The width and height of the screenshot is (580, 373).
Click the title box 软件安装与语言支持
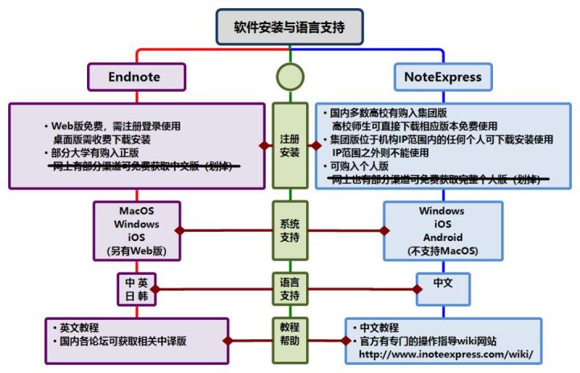[x=289, y=27]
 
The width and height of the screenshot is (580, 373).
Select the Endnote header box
[x=135, y=77]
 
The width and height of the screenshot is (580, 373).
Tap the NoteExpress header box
[x=444, y=77]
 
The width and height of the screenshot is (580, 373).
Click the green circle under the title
[x=290, y=77]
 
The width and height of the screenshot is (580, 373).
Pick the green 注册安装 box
[x=289, y=145]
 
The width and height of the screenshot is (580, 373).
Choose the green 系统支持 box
[x=289, y=230]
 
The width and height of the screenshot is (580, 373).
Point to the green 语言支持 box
[x=289, y=288]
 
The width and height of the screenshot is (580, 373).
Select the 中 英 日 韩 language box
[x=136, y=288]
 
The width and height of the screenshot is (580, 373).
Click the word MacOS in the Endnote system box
[x=136, y=210]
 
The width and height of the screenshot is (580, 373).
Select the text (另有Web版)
[x=136, y=251]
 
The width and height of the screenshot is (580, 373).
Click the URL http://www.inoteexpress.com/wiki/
[x=445, y=354]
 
